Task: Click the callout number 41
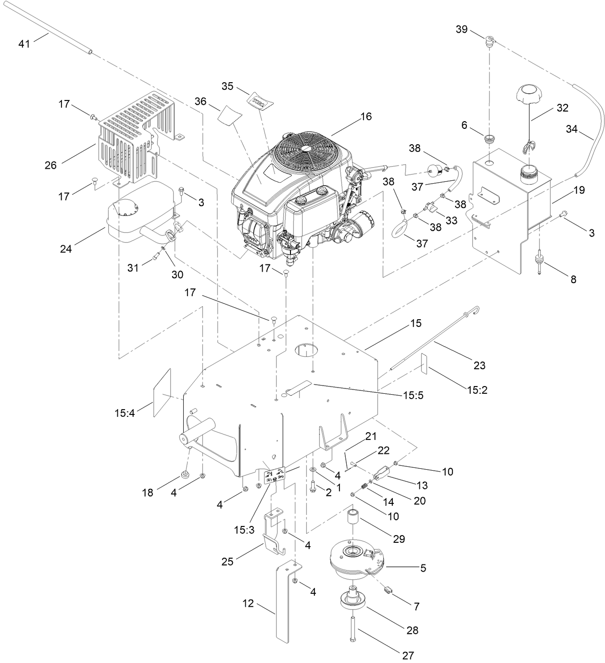coord(24,44)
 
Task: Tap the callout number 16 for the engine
coord(366,116)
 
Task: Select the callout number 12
coord(248,603)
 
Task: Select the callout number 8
coord(573,279)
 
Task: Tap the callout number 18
coord(148,493)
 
